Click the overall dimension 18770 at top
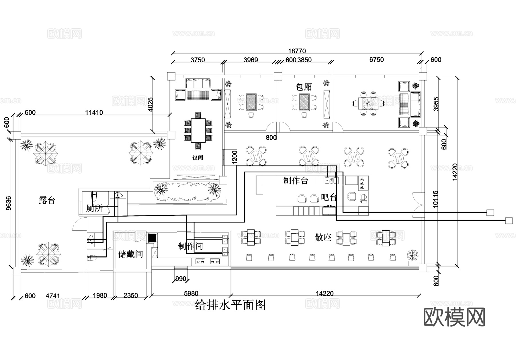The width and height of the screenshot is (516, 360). (x=297, y=51)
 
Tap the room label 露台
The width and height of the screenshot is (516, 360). (x=47, y=200)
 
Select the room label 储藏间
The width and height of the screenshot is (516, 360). (x=130, y=254)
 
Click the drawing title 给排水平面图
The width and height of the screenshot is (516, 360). (x=230, y=305)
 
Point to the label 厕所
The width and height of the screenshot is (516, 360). (x=94, y=208)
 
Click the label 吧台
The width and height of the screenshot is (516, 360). (x=329, y=197)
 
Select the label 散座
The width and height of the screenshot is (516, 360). (x=323, y=238)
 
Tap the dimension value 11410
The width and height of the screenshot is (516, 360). (x=94, y=112)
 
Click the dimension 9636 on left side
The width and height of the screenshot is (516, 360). (x=9, y=203)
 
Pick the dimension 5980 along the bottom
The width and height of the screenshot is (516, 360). (x=191, y=293)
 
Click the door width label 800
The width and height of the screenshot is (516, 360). (x=271, y=138)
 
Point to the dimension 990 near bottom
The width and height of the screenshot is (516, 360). (x=181, y=279)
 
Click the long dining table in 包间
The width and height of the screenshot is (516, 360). (x=198, y=131)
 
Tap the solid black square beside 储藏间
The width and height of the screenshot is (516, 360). (x=152, y=238)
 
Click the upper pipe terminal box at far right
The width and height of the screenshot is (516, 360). (x=490, y=213)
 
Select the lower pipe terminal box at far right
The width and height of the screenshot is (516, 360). (x=509, y=221)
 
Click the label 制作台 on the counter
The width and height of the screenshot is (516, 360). (x=296, y=181)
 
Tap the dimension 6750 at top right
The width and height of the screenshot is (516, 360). (x=376, y=60)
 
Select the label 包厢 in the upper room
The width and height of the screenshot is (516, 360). (x=304, y=87)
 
